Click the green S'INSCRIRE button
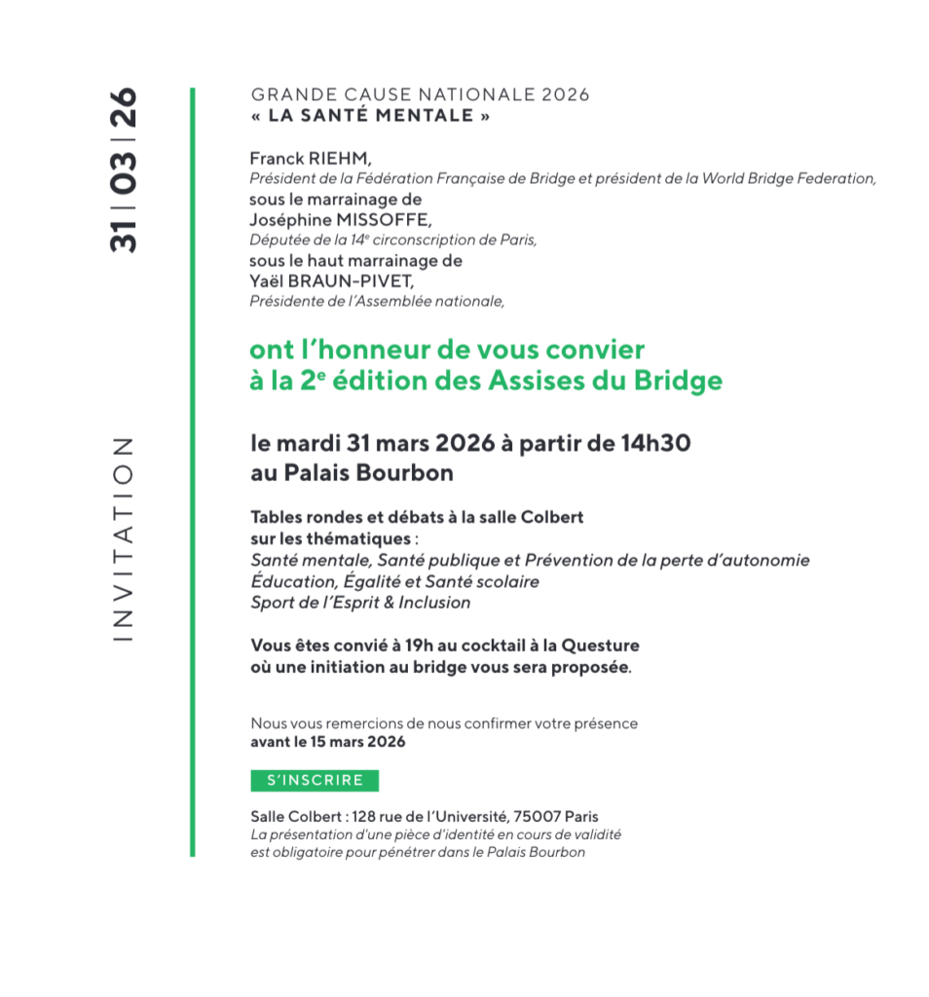tap(315, 780)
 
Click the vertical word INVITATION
tap(122, 538)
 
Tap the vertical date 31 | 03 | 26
tap(124, 170)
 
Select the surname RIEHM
tap(337, 158)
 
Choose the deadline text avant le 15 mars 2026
tap(328, 741)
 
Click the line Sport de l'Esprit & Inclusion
tap(360, 603)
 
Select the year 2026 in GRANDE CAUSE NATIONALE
tap(566, 95)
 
